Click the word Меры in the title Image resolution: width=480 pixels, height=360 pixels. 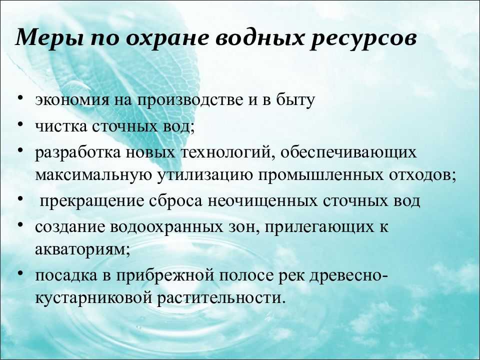coord(49,38)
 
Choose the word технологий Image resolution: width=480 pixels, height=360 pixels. coord(227,152)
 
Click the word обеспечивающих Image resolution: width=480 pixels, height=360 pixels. coord(348,152)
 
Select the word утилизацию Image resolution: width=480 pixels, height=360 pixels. coord(205,175)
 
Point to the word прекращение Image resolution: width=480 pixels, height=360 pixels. coord(92,201)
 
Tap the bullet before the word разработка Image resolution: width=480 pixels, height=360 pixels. coord(20,150)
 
